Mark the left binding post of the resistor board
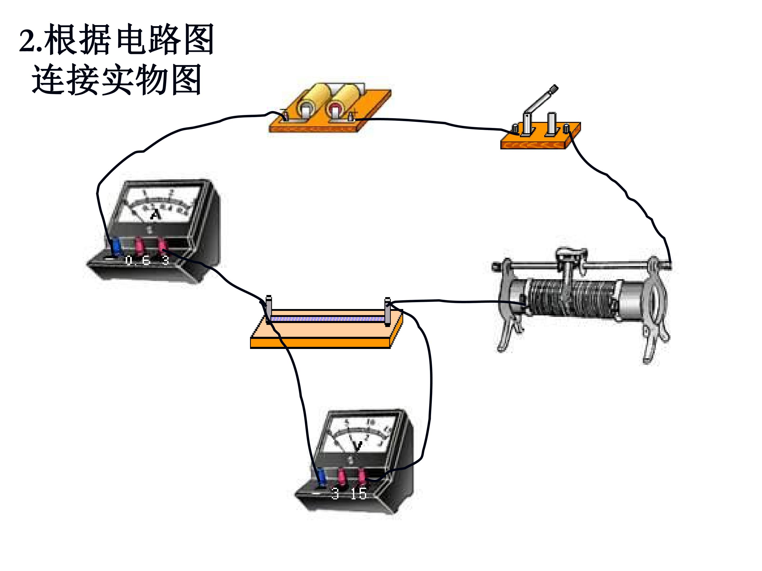click(269, 309)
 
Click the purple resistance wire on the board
click(327, 319)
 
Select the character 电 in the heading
click(131, 40)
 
